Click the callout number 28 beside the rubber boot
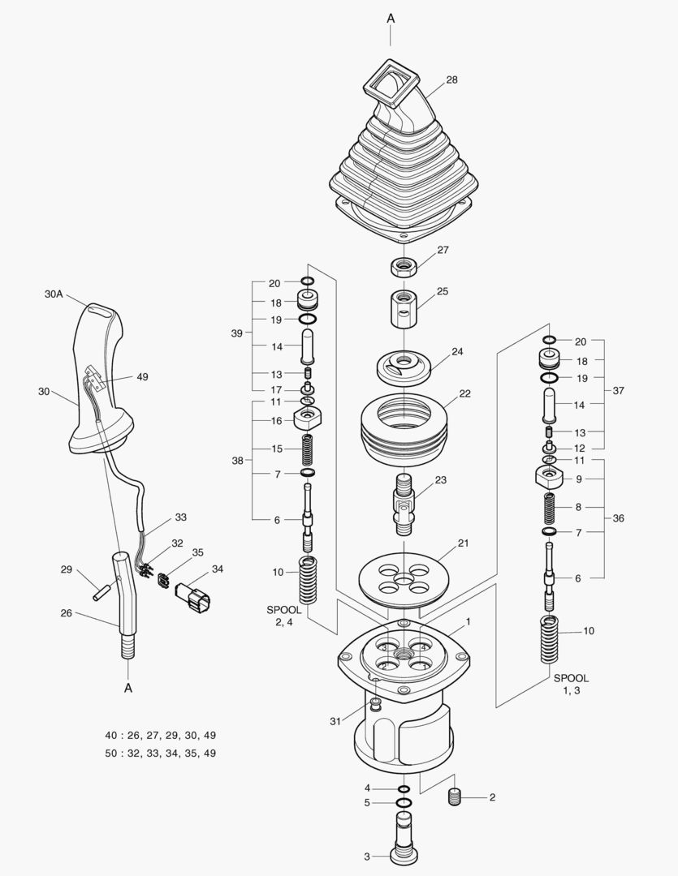tap(451, 79)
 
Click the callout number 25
tap(443, 290)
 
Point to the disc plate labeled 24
tap(404, 367)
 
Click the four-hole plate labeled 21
tap(404, 578)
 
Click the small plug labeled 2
tap(455, 798)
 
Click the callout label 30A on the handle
tap(54, 294)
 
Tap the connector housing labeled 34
tap(192, 599)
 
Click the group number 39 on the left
tap(237, 333)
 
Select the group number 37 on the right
tap(619, 390)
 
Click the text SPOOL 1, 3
tap(571, 684)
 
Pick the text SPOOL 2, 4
tap(284, 616)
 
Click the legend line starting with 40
tap(160, 735)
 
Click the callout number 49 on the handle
tap(143, 376)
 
